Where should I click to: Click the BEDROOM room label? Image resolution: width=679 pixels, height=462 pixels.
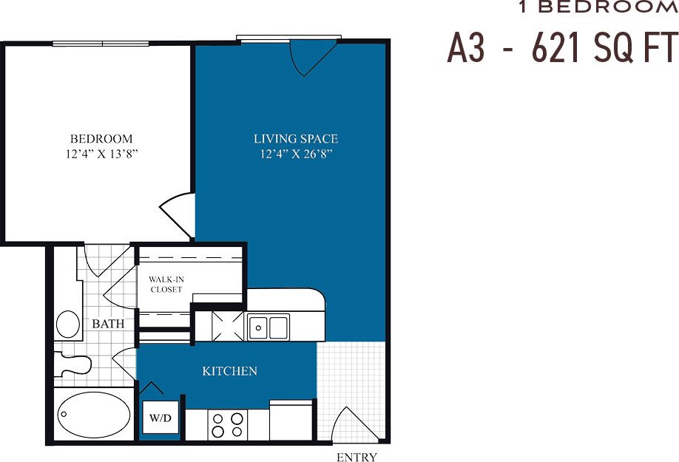101,138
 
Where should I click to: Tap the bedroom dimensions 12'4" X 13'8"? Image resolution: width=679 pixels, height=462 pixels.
101,154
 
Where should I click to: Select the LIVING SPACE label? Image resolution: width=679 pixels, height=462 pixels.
296,138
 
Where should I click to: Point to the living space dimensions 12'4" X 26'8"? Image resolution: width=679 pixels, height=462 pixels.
296,154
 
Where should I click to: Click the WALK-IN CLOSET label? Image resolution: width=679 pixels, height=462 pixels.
166,284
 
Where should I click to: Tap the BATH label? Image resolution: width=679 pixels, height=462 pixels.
108,324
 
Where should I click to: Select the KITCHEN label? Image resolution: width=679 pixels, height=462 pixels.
229,370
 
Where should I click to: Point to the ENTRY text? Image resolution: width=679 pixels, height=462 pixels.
357,457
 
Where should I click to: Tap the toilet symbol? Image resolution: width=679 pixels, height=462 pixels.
74,364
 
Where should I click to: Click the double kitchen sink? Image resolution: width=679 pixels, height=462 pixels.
268,327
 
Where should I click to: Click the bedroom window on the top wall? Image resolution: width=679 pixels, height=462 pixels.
101,43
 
